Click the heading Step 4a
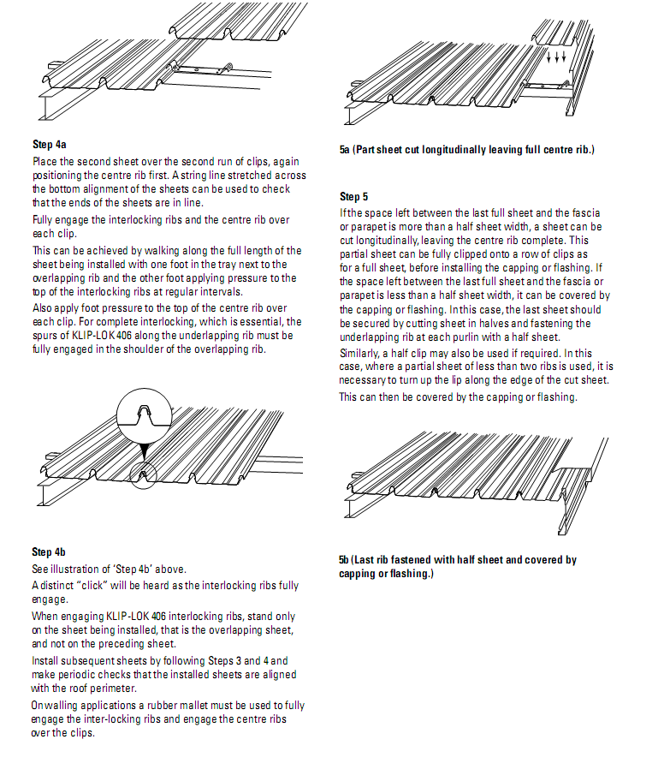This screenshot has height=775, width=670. (x=49, y=144)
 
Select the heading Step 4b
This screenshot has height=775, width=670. (x=49, y=551)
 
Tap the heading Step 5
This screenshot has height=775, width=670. (x=353, y=197)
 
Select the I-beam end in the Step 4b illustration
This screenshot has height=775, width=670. (x=44, y=497)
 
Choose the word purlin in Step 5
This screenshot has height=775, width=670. (x=475, y=337)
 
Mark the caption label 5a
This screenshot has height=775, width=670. (x=345, y=150)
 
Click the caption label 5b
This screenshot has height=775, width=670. (x=345, y=560)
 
